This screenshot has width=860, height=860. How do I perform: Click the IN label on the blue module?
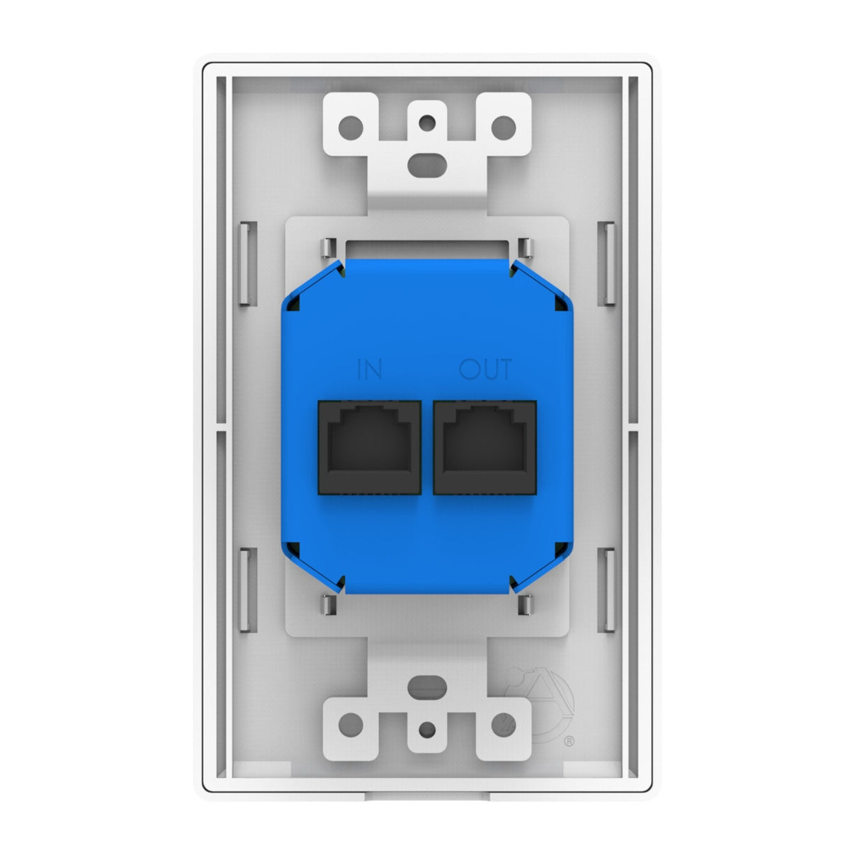pos(370,370)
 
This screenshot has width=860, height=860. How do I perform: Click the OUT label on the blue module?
pos(485,370)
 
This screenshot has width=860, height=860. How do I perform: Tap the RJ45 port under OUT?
pos(485,447)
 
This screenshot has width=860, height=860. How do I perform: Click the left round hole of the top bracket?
pos(350,128)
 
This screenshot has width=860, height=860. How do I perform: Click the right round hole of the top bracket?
pos(504,128)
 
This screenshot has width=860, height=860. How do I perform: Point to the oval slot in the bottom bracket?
pos(426,686)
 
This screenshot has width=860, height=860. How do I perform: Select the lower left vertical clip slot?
pos(243,591)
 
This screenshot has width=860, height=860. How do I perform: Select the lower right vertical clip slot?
pos(610,591)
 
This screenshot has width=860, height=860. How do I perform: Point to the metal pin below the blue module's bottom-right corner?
pos(525,604)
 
